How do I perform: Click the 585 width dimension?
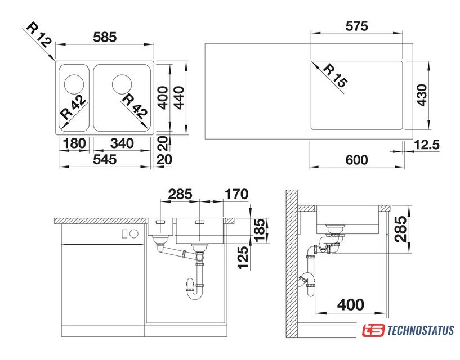pyautogui.click(x=105, y=37)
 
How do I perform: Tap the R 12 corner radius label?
pyautogui.click(x=39, y=35)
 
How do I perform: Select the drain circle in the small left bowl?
pyautogui.click(x=74, y=84)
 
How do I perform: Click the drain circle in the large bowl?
pyautogui.click(x=122, y=84)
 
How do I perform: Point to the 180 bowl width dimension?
pyautogui.click(x=74, y=143)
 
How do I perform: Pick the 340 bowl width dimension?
pyautogui.click(x=122, y=143)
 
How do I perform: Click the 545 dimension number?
pyautogui.click(x=105, y=160)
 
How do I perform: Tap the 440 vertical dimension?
pyautogui.click(x=178, y=98)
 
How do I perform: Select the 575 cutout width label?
pyautogui.click(x=356, y=26)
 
